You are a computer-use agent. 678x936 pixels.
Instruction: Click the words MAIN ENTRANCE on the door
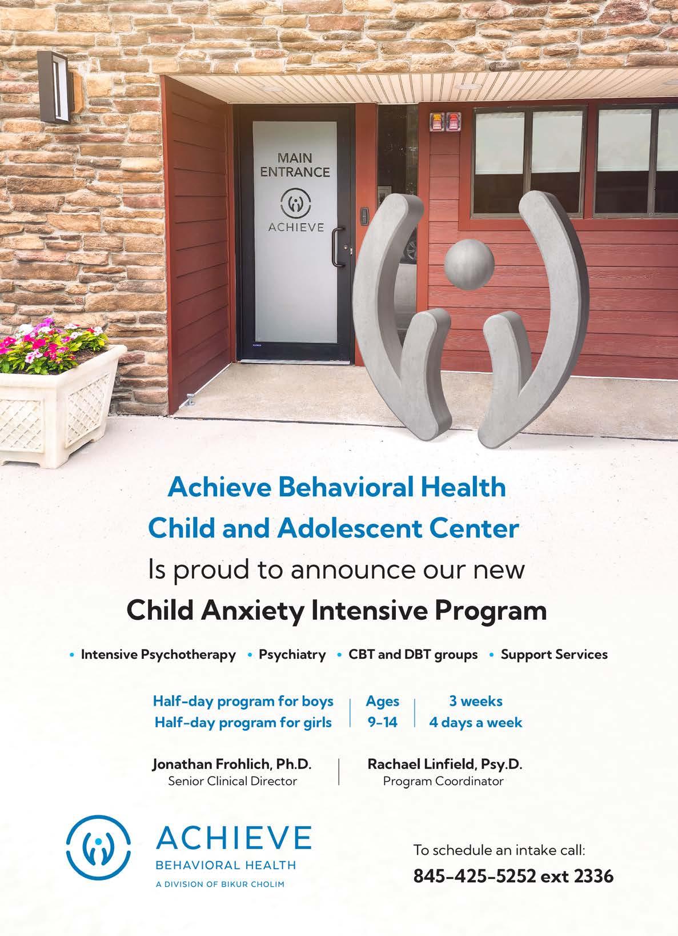click(295, 165)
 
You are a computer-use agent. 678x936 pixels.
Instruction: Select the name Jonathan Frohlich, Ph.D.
click(232, 764)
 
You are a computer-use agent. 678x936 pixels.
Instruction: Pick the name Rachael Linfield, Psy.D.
click(445, 764)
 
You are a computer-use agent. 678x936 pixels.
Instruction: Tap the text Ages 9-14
click(382, 712)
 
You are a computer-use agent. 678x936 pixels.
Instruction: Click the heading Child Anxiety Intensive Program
click(336, 611)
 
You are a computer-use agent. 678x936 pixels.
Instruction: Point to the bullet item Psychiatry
click(292, 655)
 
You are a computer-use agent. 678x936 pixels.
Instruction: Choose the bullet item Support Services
click(553, 655)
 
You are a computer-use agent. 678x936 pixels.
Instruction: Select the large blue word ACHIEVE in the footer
click(234, 839)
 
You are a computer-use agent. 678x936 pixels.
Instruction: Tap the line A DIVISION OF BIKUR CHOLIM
click(220, 885)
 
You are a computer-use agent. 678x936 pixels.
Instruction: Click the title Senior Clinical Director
click(232, 781)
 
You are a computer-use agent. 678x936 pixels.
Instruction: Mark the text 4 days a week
click(475, 723)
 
